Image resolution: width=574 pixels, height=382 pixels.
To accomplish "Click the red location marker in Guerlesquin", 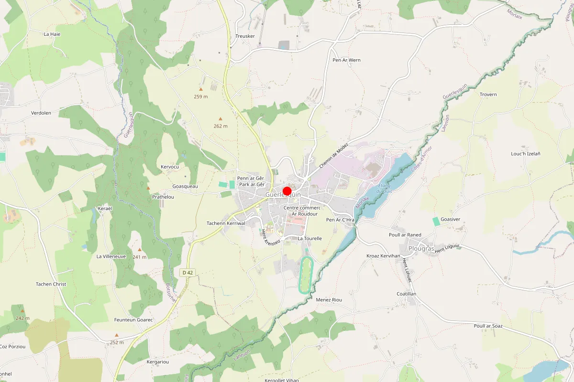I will pyautogui.click(x=287, y=191).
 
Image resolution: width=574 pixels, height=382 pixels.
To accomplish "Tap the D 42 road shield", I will pyautogui.click(x=188, y=273).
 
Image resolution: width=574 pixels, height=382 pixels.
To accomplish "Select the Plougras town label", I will pyautogui.click(x=421, y=249).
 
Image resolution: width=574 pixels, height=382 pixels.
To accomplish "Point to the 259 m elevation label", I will pyautogui.click(x=201, y=96).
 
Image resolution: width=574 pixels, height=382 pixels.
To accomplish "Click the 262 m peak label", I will pyautogui.click(x=221, y=126).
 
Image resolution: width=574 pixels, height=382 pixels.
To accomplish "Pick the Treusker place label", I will pyautogui.click(x=245, y=36).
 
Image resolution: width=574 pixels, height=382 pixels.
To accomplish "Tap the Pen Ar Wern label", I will pyautogui.click(x=346, y=60).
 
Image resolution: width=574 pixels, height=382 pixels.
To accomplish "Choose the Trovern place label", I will pyautogui.click(x=488, y=95).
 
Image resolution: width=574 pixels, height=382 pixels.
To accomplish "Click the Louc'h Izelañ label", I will pyautogui.click(x=526, y=154).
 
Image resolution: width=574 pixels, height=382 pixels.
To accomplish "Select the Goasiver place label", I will pyautogui.click(x=450, y=219).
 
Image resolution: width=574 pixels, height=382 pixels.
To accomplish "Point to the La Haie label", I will pyautogui.click(x=52, y=34).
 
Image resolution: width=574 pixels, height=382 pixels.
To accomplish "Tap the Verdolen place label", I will pyautogui.click(x=41, y=113).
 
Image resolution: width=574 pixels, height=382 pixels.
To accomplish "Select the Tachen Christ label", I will pyautogui.click(x=51, y=284).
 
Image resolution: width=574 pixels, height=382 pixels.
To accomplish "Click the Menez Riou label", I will pyautogui.click(x=329, y=299).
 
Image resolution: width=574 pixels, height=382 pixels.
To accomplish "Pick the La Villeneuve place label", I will pyautogui.click(x=111, y=256).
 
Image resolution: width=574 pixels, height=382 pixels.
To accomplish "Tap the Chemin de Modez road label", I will pyautogui.click(x=334, y=157).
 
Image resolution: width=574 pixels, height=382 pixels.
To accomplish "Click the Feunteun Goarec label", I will pyautogui.click(x=133, y=319).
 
